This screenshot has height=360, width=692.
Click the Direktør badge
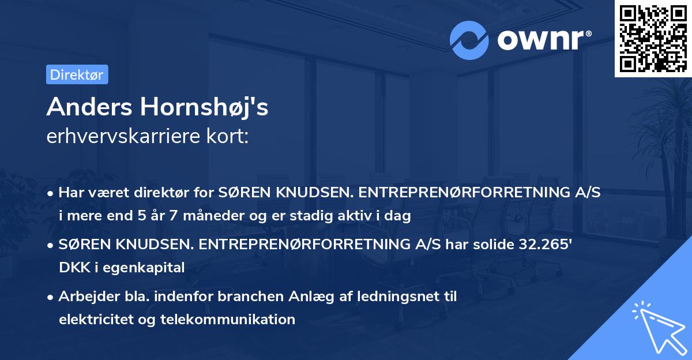[x=77, y=74]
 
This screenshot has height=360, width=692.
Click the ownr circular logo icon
[x=469, y=40]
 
